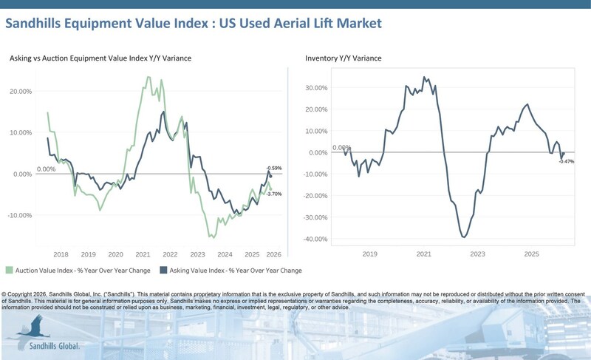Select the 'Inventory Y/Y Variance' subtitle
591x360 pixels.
(x=344, y=58)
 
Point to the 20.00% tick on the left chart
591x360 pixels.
(x=20, y=91)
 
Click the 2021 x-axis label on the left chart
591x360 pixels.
(x=143, y=253)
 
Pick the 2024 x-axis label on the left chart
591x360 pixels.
(x=225, y=253)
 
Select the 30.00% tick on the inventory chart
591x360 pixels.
(x=316, y=87)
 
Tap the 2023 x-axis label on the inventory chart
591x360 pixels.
(x=478, y=253)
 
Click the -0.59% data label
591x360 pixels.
(x=273, y=168)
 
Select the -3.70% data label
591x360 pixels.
(x=274, y=194)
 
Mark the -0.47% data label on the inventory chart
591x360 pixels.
(x=566, y=161)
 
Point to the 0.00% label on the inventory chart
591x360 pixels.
(x=341, y=148)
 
